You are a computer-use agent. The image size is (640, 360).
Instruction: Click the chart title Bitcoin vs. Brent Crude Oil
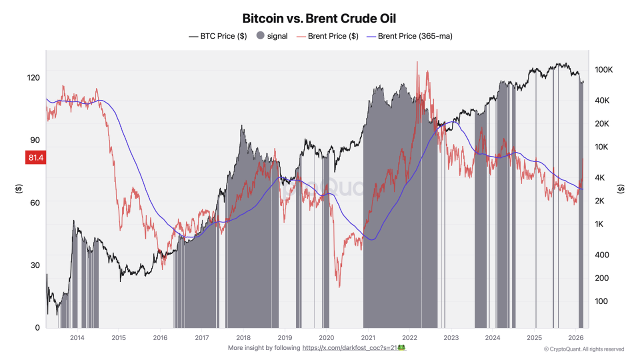(x=319, y=18)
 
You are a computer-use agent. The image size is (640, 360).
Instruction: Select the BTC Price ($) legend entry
(x=218, y=36)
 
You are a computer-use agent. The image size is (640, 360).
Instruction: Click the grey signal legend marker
(x=260, y=36)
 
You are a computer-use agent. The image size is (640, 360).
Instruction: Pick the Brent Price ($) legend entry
(x=327, y=36)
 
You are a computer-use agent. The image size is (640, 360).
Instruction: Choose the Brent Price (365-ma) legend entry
(x=409, y=36)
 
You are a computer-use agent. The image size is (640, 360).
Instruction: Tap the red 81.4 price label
(x=35, y=158)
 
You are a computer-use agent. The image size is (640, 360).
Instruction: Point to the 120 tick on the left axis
(x=33, y=77)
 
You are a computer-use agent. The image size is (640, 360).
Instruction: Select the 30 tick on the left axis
(x=35, y=265)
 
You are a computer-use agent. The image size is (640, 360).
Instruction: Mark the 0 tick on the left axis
(x=37, y=327)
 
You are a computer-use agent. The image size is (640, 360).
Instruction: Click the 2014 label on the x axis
(x=76, y=337)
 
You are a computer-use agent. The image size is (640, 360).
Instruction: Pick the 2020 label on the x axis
(x=326, y=337)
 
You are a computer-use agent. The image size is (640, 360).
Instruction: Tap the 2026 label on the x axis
(x=576, y=337)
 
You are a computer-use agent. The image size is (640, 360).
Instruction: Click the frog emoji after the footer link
(x=401, y=347)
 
